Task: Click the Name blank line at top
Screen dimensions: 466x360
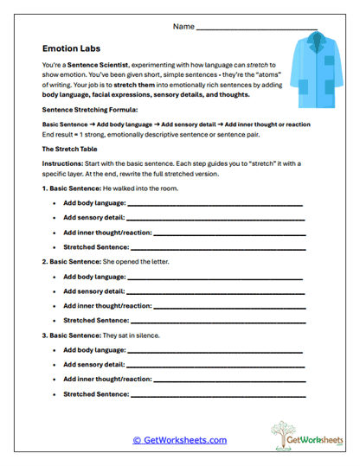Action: [250, 29]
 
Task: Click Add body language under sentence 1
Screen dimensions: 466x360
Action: [94, 204]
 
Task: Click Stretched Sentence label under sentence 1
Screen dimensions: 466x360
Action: [96, 247]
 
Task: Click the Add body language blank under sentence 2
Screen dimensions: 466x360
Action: [215, 278]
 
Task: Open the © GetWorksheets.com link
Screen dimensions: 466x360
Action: [179, 440]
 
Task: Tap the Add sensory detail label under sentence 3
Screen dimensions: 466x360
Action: [94, 365]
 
